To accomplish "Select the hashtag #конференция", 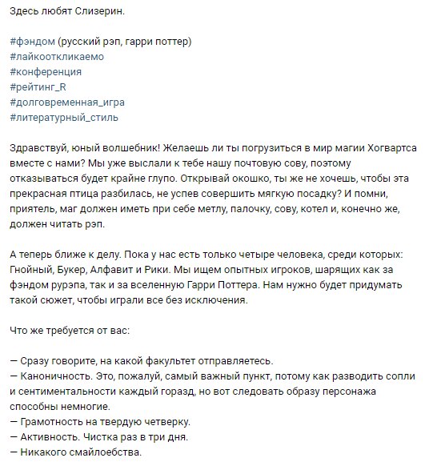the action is [x=45, y=71].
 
